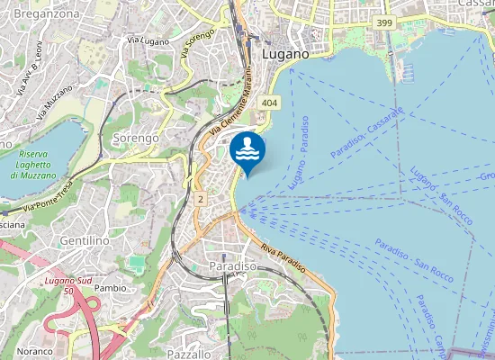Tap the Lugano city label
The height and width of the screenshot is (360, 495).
285,54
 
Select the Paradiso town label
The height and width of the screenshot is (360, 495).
233,267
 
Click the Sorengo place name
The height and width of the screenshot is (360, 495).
136,139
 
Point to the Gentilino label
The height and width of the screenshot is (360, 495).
85,241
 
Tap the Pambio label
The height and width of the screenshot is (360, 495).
110,288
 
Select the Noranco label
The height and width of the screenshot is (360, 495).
33,351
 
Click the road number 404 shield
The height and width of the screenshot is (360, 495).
270,104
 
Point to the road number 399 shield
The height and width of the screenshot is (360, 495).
385,22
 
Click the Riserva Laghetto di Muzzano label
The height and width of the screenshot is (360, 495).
34,165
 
